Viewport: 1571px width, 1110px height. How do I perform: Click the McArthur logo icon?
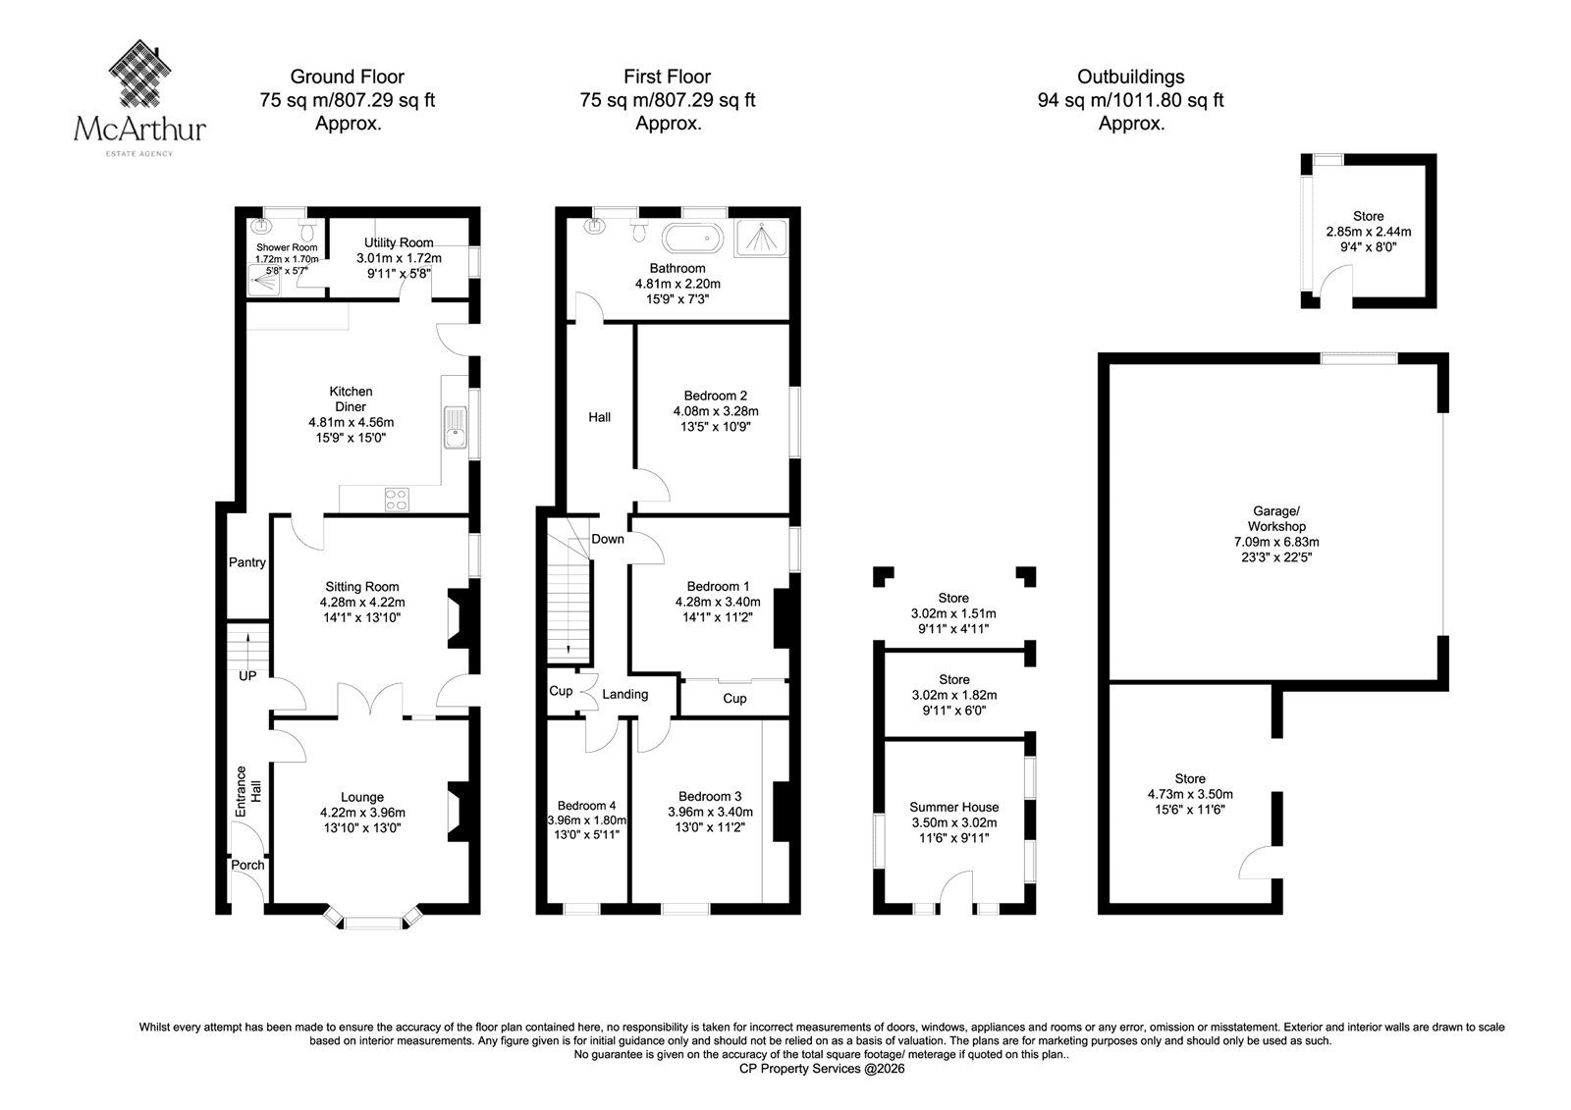click(140, 73)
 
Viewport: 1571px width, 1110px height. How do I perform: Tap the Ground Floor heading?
click(348, 77)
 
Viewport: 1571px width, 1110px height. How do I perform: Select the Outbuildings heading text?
click(1130, 77)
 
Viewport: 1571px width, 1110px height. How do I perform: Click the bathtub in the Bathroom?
click(693, 238)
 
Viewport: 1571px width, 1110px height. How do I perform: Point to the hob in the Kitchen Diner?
click(397, 500)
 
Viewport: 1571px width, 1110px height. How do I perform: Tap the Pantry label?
click(246, 562)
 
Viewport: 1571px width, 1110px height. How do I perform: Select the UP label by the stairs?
click(247, 676)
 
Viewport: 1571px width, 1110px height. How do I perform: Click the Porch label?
click(247, 865)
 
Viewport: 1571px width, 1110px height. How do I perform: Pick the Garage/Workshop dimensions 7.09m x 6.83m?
click(1276, 542)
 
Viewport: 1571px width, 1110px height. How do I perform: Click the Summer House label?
click(953, 807)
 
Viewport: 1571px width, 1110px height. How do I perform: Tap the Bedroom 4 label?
click(586, 806)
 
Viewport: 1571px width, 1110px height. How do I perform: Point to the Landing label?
click(624, 694)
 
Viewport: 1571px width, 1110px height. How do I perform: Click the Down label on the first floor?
click(608, 539)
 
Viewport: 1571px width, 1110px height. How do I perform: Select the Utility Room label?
click(399, 242)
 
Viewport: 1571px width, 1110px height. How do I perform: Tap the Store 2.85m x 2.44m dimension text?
click(1369, 232)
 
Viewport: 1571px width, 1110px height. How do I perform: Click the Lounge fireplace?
click(460, 812)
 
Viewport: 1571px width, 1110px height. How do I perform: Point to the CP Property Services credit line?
click(822, 1069)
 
